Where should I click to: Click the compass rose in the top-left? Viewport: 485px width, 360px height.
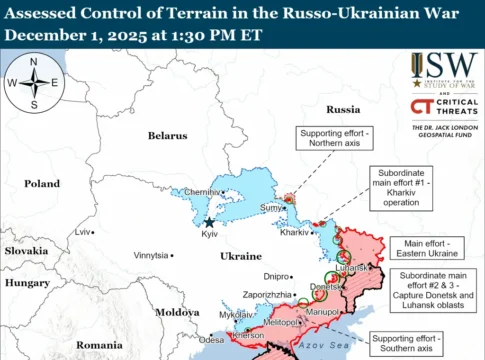(x=33, y=83)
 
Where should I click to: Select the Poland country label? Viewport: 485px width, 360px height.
(x=42, y=184)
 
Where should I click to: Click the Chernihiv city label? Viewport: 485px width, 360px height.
(x=202, y=192)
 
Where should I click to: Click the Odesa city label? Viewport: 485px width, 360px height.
(x=212, y=340)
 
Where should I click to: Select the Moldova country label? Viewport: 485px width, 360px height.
(x=177, y=312)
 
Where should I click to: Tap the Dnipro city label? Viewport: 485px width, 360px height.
(x=276, y=275)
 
